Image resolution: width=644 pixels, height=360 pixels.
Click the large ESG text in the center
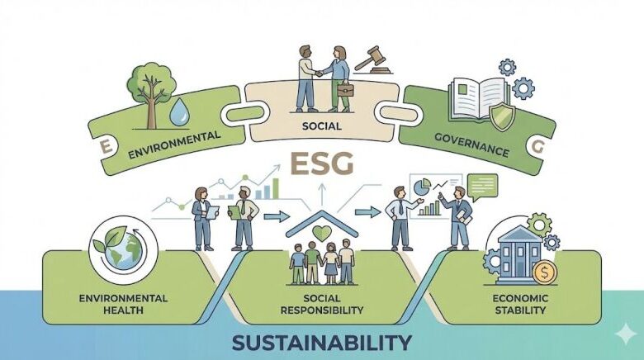pos(322,163)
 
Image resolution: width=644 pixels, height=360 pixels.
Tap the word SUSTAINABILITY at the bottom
pos(322,343)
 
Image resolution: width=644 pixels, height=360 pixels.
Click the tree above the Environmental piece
pos(151,94)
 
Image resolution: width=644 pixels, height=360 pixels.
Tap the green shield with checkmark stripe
pos(501,116)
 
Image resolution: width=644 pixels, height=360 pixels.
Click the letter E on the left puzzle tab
pos(106,147)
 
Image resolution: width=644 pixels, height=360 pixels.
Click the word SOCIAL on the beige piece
pos(322,126)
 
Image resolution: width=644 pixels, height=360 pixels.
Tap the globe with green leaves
pos(123,249)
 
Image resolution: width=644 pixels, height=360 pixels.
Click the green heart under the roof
pos(322,233)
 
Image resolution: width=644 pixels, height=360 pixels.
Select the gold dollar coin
pos(545,272)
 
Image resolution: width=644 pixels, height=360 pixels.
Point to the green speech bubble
pos(483,187)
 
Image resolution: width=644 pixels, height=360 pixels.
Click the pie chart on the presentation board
pos(422,187)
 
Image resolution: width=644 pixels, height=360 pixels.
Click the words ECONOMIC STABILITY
pos(520,304)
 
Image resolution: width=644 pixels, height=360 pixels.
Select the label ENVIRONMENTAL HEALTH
pos(123,304)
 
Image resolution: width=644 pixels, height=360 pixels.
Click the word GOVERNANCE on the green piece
pos(471,144)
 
